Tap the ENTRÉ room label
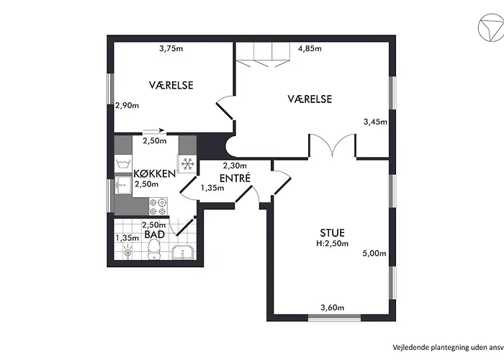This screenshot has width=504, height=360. click(x=235, y=177)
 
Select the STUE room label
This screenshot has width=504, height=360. click(x=332, y=233)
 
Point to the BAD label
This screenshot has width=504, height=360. click(x=153, y=235)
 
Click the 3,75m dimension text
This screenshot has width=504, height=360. click(x=171, y=49)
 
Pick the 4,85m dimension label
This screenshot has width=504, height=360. click(x=309, y=49)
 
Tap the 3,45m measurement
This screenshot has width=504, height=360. click(x=375, y=122)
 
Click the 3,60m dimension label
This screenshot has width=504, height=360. click(x=332, y=309)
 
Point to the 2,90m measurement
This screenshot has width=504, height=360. click(x=127, y=106)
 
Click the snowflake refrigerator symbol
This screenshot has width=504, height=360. click(x=187, y=164)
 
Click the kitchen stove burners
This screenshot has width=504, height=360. click(x=158, y=206)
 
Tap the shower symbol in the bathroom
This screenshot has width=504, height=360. click(x=127, y=251)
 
